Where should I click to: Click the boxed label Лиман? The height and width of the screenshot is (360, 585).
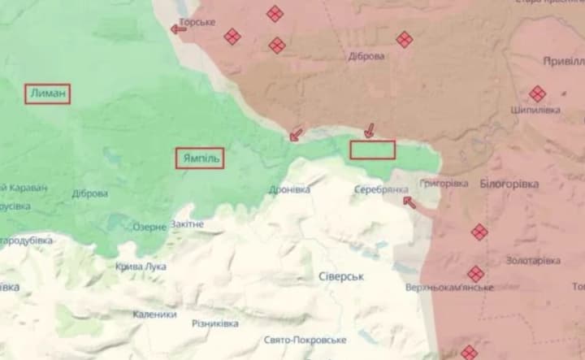pos(47,94)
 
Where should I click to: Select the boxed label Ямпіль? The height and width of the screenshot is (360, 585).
pos(199,158)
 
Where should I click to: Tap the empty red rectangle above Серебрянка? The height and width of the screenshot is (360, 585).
pos(372,150)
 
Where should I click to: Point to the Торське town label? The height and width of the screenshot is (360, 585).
pos(197,22)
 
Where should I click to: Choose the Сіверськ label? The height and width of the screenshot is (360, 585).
pos(340,276)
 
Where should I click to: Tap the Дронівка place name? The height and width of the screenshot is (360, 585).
pos(289,189)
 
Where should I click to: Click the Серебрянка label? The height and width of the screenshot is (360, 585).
pos(381,189)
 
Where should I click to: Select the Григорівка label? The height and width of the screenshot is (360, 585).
pos(445,184)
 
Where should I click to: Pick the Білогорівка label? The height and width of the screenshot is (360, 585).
pos(509,184)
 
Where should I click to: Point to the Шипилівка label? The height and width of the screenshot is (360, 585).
pos(536,110)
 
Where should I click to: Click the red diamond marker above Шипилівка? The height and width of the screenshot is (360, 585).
pos(537,93)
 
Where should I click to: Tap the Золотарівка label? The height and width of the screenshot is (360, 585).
pos(532,260)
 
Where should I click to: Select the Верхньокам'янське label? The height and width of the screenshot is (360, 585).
pos(450,287)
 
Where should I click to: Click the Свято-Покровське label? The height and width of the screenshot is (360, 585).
pos(305,340)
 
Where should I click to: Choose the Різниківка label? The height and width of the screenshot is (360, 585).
pos(215,323)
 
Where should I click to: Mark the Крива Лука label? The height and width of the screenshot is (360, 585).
pos(141,266)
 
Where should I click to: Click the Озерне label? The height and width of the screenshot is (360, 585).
pos(149,228)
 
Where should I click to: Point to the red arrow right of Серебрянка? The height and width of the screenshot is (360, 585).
pos(409,202)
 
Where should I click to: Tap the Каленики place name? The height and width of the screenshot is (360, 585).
pos(154,314)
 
